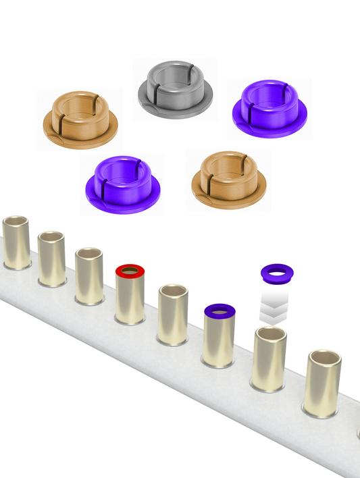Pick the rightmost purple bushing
pyautogui.click(x=269, y=108)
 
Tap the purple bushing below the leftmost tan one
pyautogui.click(x=122, y=184)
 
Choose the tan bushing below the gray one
pyautogui.click(x=228, y=180)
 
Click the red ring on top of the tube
pyautogui.click(x=130, y=271)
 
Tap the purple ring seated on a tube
pyautogui.click(x=219, y=311)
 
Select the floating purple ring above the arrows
pyautogui.click(x=276, y=273)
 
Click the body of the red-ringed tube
pyautogui.click(x=130, y=300)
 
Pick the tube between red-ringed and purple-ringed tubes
pyautogui.click(x=173, y=316)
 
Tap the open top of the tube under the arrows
pyautogui.click(x=270, y=334)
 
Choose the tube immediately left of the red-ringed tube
pyautogui.click(x=88, y=277)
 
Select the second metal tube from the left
pyautogui.click(x=51, y=259)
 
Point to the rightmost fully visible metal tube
pyautogui.click(x=322, y=383)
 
